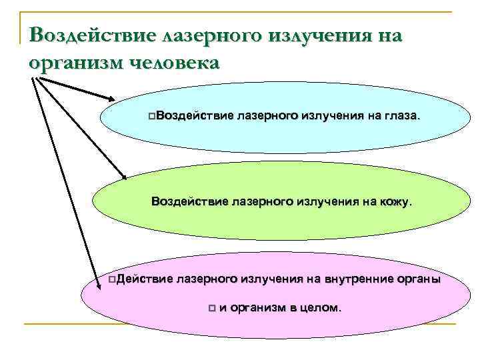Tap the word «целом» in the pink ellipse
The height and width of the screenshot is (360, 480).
(x=321, y=308)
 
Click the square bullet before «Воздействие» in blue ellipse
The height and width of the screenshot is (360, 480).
(x=153, y=117)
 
